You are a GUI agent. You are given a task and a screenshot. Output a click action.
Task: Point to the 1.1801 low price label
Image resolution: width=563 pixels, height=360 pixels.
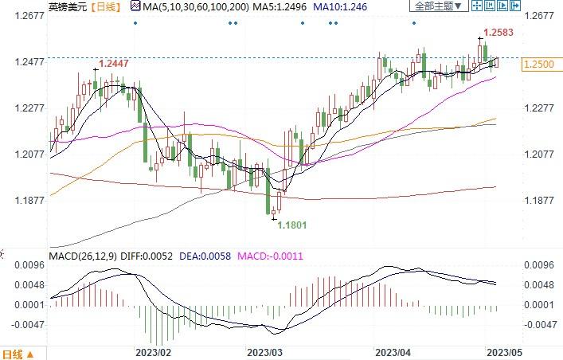click(x=291, y=225)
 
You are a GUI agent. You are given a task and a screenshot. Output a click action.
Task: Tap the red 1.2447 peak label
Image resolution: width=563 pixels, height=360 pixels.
click(x=113, y=62)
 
